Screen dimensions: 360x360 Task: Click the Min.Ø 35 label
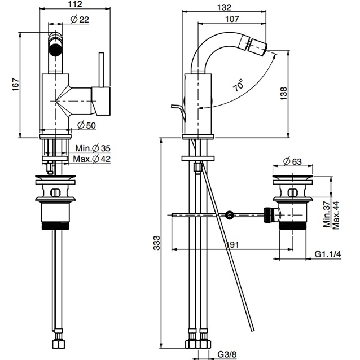93,148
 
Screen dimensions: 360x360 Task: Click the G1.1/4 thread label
327,254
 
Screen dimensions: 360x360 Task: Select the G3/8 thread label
227,354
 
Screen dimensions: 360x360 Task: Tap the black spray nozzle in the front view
55,46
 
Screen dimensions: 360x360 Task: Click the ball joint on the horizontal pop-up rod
229,214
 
